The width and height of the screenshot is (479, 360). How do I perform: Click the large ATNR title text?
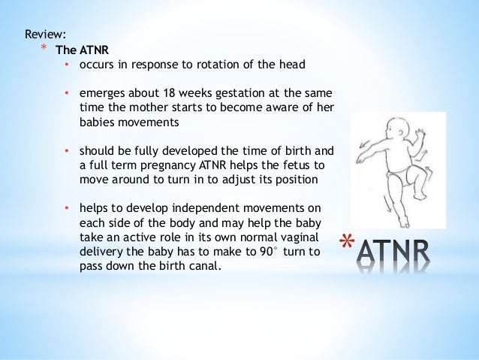[x=394, y=251]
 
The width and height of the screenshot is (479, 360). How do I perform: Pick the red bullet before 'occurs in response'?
[x=67, y=65]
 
